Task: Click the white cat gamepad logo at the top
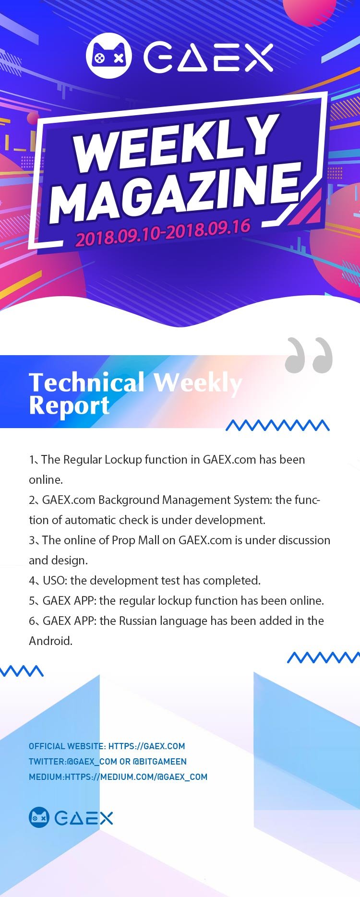108,56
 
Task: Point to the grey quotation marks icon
309,355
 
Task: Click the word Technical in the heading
86,383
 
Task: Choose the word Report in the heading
69,406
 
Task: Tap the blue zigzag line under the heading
277,425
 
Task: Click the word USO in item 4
55,581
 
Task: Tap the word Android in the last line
50,641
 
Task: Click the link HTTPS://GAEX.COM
146,746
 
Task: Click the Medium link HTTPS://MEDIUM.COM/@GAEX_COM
136,777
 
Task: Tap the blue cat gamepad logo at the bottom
39,817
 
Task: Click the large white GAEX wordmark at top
209,58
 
